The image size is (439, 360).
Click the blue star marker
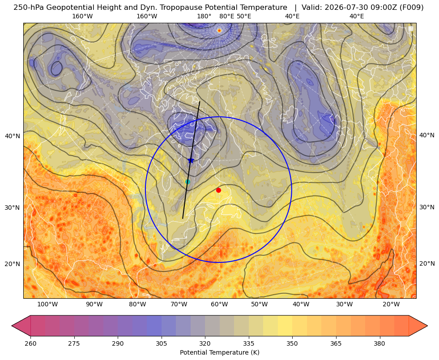click(x=191, y=160)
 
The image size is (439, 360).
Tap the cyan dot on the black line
click(x=188, y=182)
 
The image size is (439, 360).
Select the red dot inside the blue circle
click(x=219, y=190)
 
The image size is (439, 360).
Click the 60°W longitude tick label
click(x=219, y=305)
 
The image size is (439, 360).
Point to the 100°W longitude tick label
click(x=47, y=305)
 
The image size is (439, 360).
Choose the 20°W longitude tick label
click(x=391, y=305)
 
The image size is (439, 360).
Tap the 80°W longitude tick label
click(x=137, y=305)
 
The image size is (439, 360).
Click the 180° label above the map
click(x=204, y=16)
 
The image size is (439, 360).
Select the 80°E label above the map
click(x=227, y=16)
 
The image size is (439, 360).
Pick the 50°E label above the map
click(x=244, y=16)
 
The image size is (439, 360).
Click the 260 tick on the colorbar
click(x=30, y=343)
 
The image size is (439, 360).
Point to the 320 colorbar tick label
click(x=205, y=343)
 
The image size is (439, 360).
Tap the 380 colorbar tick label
click(x=379, y=343)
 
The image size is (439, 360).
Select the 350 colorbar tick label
click(x=292, y=343)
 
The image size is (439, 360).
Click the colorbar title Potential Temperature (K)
click(x=219, y=352)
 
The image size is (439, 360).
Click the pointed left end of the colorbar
click(x=12, y=326)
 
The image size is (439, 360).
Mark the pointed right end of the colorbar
click(x=427, y=326)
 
